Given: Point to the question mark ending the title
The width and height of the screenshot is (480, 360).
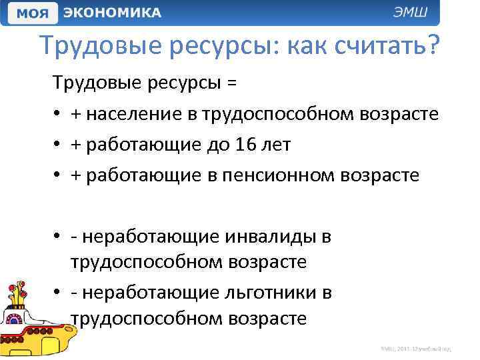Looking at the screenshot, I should (433, 46).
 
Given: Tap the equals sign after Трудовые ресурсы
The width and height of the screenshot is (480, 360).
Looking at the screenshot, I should (231, 83).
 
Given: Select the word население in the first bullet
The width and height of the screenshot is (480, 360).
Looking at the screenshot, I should (137, 114).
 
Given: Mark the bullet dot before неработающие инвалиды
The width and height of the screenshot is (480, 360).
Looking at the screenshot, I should (59, 237).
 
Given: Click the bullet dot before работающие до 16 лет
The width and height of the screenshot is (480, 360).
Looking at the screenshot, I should (59, 145).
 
